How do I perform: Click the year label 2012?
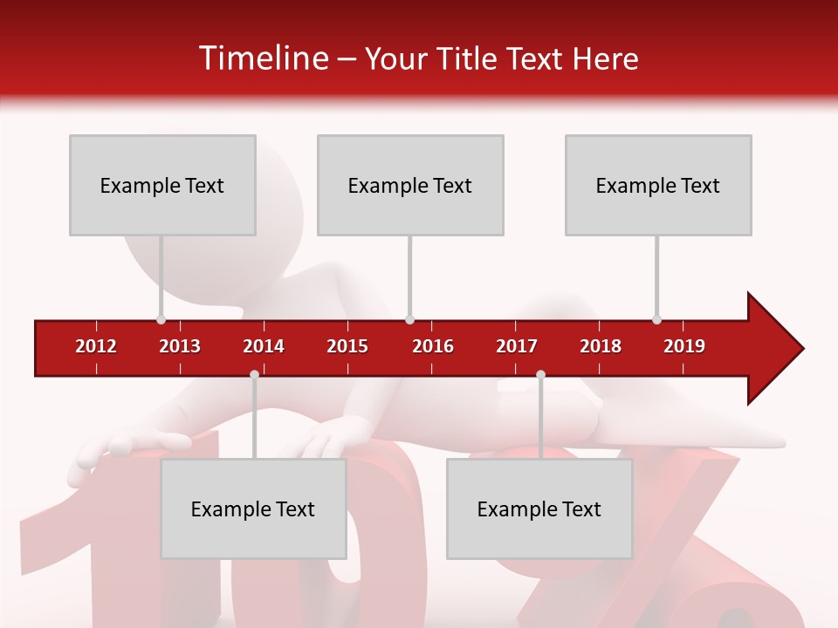point(96,346)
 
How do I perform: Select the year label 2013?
point(180,346)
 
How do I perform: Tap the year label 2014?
point(264,346)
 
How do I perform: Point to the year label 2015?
point(347,346)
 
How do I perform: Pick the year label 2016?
point(433,346)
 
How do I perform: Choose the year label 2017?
point(517,346)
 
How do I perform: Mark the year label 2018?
point(601,346)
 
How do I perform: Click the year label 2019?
point(684,346)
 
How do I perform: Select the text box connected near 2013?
point(162,185)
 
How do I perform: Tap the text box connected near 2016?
point(410,185)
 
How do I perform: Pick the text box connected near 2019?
point(658,185)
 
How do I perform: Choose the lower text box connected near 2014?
point(253,509)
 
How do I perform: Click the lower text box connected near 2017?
point(539,509)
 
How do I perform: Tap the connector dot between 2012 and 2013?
point(161,319)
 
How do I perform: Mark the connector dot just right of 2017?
point(540,375)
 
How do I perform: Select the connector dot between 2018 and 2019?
point(657,319)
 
